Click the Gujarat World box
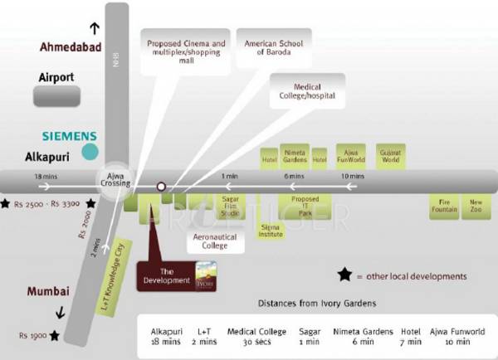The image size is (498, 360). pyautogui.click(x=390, y=156)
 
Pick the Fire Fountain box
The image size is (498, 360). pyautogui.click(x=444, y=207)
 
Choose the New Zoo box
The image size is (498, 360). pyautogui.click(x=476, y=207)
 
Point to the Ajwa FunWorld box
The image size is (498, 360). pyautogui.click(x=352, y=156)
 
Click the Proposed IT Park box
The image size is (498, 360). pyautogui.click(x=305, y=206)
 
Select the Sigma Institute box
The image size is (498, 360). pyautogui.click(x=271, y=230)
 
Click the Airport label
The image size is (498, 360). pyautogui.click(x=56, y=77)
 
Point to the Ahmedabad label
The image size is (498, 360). pyautogui.click(x=70, y=47)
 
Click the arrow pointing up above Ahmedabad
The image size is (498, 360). pyautogui.click(x=94, y=28)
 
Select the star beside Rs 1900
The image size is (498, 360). pyautogui.click(x=54, y=335)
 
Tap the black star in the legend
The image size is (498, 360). pyautogui.click(x=344, y=275)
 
